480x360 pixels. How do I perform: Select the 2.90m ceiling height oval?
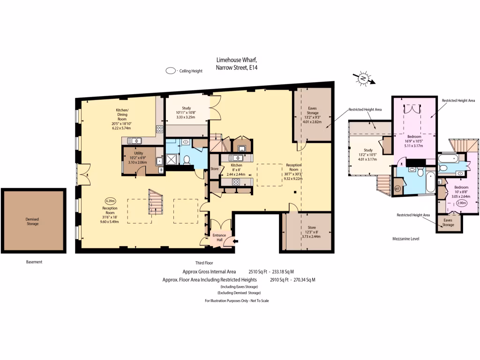pyautogui.click(x=461, y=203)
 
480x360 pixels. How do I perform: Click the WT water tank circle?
pyautogui.click(x=398, y=189)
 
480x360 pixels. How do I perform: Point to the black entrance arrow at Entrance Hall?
pyautogui.click(x=236, y=241)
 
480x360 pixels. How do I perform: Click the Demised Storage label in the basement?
pyautogui.click(x=32, y=221)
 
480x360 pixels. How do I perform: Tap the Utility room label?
pyautogui.click(x=138, y=153)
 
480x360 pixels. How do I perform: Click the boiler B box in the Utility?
pyautogui.click(x=161, y=170)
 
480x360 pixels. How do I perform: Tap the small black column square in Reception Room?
pyautogui.click(x=294, y=193)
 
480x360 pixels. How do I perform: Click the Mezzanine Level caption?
pyautogui.click(x=406, y=239)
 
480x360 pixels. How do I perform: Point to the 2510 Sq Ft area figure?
pyautogui.click(x=257, y=271)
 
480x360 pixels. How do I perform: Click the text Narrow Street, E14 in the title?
pyautogui.click(x=237, y=67)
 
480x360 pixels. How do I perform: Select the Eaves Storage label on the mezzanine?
pyautogui.click(x=448, y=222)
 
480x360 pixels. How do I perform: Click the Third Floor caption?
pyautogui.click(x=204, y=263)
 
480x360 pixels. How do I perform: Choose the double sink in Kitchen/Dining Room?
pyautogui.click(x=134, y=140)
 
